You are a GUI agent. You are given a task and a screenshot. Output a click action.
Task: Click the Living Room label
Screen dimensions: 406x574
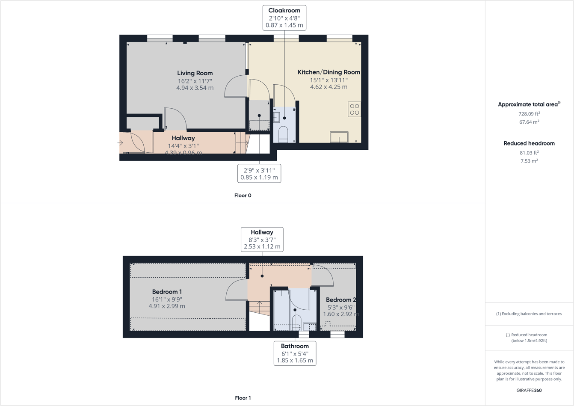tap(195, 73)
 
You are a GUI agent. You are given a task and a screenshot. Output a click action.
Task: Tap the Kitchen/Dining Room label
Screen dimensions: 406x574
tap(328, 72)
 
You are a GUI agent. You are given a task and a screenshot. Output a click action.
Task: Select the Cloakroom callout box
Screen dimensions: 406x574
tap(284, 18)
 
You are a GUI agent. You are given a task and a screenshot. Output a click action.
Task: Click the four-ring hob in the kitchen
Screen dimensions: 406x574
tap(354, 110)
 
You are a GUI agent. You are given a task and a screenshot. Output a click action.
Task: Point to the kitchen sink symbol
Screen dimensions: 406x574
tap(339, 137)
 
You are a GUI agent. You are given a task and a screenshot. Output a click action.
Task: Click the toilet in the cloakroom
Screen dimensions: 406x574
tap(283, 133)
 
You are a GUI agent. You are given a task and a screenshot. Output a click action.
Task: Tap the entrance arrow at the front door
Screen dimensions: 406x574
tap(120, 143)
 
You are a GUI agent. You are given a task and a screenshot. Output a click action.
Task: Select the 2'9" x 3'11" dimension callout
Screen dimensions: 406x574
tap(259, 173)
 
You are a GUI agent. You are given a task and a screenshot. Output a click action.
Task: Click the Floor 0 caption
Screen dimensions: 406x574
tap(243, 196)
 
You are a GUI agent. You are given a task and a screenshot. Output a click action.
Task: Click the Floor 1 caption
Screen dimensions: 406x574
tap(243, 398)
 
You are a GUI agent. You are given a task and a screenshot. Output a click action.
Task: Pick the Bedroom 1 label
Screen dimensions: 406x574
tap(167, 292)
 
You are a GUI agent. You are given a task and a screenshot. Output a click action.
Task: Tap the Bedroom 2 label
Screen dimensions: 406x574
tap(340, 300)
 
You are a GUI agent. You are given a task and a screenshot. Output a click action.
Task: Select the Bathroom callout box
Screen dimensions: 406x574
tap(295, 353)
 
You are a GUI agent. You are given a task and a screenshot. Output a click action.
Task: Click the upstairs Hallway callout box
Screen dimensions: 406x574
tap(262, 239)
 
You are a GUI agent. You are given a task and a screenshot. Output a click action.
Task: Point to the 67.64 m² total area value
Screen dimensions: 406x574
tap(529, 122)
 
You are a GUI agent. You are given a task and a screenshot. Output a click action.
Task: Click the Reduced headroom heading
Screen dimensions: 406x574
tap(529, 143)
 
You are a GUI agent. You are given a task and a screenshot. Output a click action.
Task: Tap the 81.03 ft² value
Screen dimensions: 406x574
tap(529, 153)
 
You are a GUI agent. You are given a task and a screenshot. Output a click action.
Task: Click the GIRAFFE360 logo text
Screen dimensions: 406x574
tap(529, 390)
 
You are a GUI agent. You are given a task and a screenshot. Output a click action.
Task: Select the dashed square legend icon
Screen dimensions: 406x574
tap(508, 335)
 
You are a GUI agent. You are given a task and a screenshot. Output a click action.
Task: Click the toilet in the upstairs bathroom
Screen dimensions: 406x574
tap(296, 322)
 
